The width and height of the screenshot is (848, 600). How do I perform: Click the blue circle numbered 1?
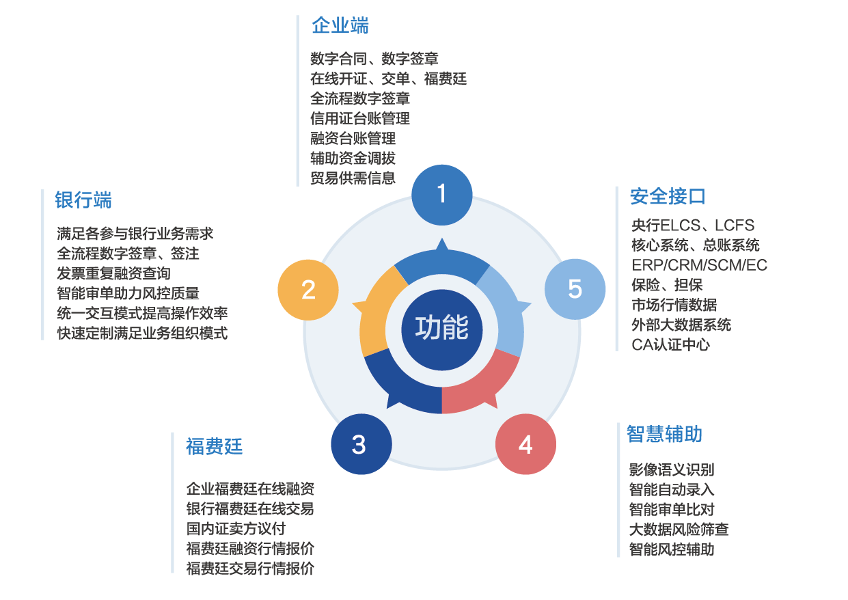click(x=441, y=195)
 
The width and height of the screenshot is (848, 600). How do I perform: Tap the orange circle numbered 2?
click(x=308, y=290)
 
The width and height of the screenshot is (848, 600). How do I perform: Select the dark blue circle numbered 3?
click(x=360, y=445)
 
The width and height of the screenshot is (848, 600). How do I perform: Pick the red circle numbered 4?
click(x=525, y=445)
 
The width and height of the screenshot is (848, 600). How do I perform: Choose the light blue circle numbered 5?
click(x=575, y=289)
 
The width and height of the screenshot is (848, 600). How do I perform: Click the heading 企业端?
click(x=340, y=26)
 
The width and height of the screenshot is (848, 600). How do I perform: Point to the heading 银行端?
click(x=83, y=200)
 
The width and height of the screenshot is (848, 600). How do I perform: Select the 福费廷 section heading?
click(x=214, y=447)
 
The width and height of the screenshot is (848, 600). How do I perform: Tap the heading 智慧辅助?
click(x=664, y=434)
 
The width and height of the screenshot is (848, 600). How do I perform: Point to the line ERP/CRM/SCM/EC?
click(x=699, y=265)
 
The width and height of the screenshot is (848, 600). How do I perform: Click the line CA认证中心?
click(x=670, y=344)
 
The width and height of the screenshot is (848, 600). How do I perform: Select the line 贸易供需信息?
click(x=353, y=178)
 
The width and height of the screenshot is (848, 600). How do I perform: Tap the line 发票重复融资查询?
click(x=114, y=273)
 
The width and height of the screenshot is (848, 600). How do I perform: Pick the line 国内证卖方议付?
click(x=236, y=529)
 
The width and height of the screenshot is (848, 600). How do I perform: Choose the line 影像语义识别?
click(x=671, y=470)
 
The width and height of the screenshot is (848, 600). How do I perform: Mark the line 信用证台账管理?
click(x=359, y=119)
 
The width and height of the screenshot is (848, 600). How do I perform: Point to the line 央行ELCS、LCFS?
click(x=692, y=226)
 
